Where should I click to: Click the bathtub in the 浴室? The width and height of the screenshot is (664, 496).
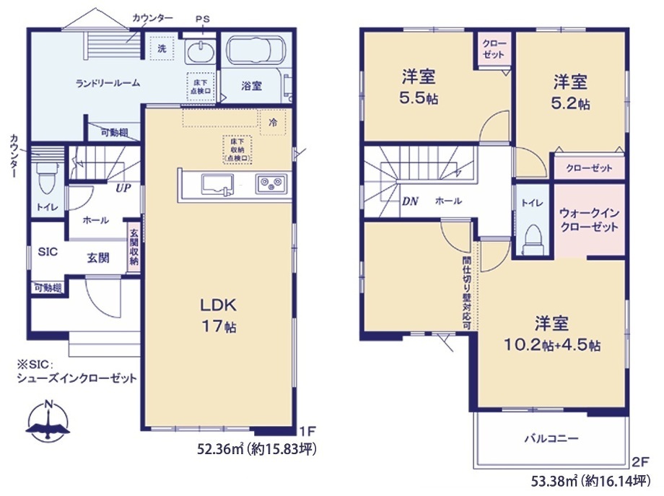click(x=255, y=50)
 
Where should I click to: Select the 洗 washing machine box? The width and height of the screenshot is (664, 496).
click(x=162, y=48)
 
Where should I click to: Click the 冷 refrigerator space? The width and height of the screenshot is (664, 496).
click(x=273, y=123)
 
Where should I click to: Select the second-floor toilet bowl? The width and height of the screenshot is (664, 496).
click(x=533, y=238)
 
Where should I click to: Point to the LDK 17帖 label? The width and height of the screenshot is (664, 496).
click(x=219, y=315)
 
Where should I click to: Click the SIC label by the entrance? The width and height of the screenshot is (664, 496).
click(x=48, y=252)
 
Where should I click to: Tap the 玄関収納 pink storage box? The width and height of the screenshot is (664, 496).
click(x=134, y=247)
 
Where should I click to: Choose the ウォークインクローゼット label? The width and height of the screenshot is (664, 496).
click(x=589, y=219)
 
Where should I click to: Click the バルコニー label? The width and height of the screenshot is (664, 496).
click(x=551, y=438)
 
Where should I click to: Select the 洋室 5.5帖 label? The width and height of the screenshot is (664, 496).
click(x=419, y=87)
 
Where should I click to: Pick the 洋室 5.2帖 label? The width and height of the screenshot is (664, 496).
click(x=570, y=92)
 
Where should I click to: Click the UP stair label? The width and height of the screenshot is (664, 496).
click(x=123, y=188)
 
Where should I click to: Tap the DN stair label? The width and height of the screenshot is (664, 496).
click(x=410, y=201)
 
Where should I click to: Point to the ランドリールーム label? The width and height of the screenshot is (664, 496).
click(x=108, y=83)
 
